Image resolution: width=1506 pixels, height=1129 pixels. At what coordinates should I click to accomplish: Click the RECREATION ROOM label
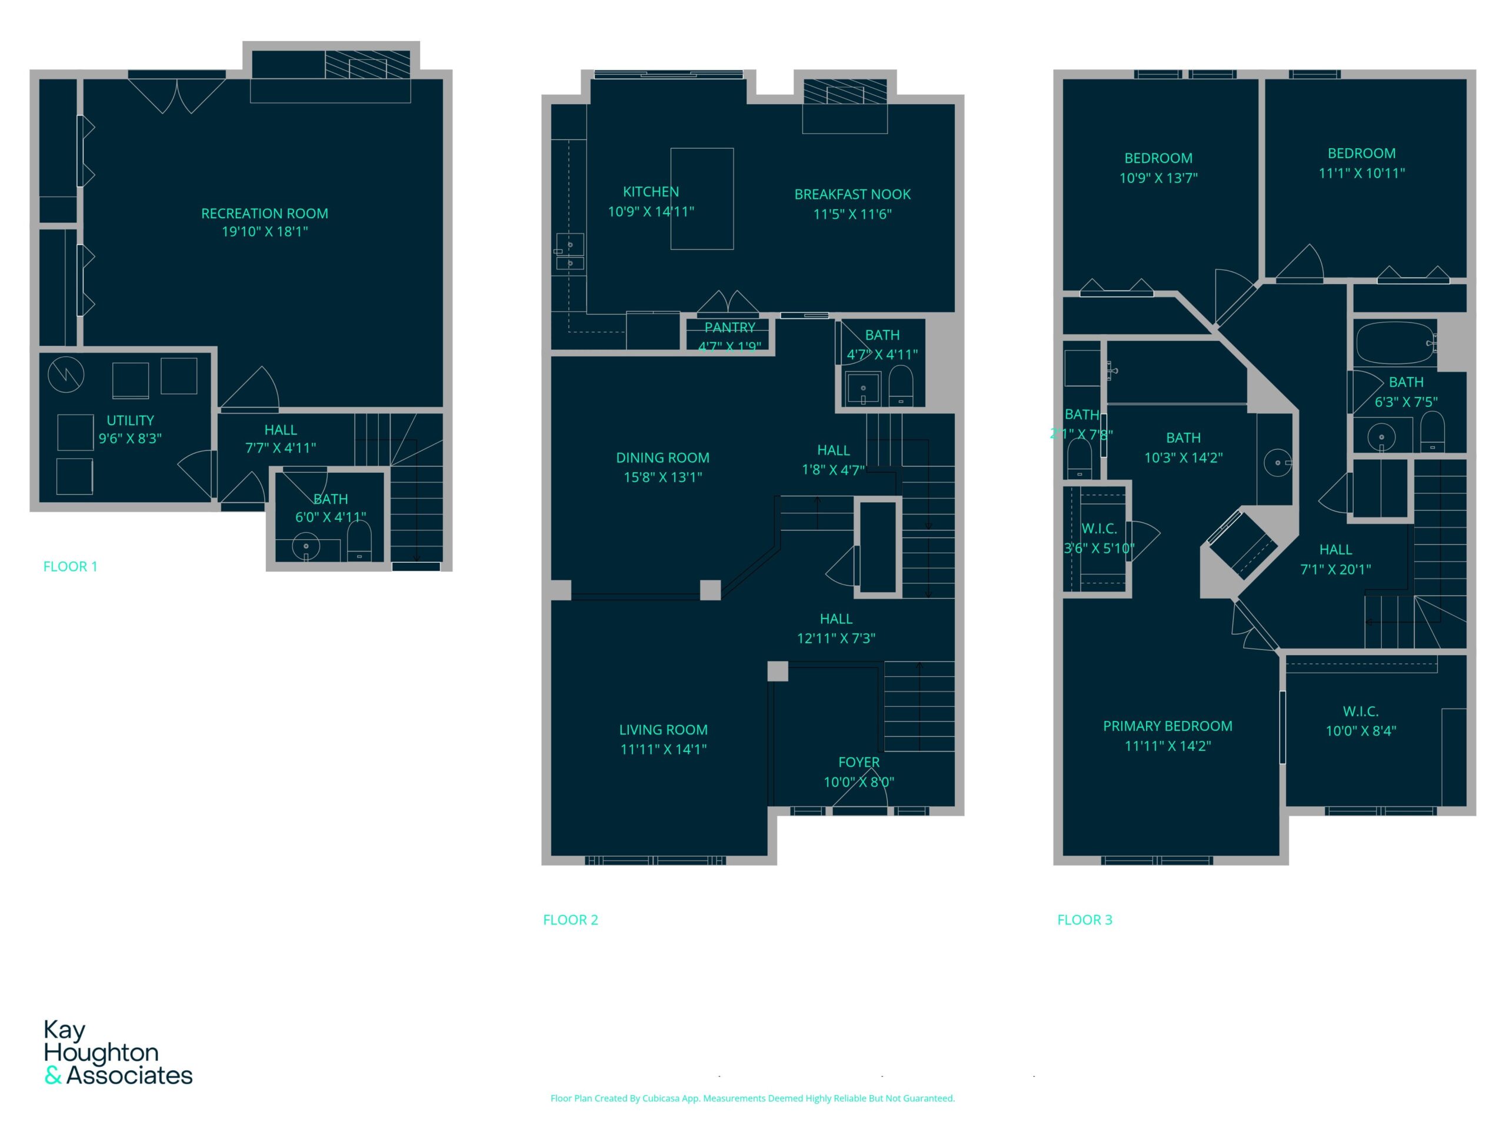pos(265,213)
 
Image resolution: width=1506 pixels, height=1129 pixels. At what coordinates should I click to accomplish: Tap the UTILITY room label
pos(130,420)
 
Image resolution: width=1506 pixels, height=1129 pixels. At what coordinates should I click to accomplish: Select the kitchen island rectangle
pos(702,199)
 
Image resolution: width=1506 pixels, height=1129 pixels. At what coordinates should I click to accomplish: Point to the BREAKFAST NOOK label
pos(852,195)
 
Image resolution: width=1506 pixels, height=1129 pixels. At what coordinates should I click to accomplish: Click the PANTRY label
pos(730,328)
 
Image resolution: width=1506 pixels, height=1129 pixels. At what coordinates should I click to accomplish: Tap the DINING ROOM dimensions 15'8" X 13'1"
pos(662,477)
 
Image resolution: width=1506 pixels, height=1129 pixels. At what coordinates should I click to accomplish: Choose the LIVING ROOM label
pos(663,730)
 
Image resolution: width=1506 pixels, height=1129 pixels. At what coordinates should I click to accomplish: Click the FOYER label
pos(858,763)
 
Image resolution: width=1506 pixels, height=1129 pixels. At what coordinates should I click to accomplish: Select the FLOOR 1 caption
pos(70,567)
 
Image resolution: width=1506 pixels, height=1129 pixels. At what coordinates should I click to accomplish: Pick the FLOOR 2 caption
pos(571,920)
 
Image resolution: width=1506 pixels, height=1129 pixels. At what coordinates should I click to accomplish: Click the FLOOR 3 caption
pos(1085,920)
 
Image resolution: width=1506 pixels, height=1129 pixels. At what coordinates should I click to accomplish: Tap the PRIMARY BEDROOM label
pos(1168,727)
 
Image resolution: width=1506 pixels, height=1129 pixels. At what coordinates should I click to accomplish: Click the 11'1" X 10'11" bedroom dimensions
pos(1362,173)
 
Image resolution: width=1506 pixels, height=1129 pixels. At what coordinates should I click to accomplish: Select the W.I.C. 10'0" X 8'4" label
pos(1361,722)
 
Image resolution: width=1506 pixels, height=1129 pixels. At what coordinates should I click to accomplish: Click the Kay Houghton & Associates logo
pos(118,1053)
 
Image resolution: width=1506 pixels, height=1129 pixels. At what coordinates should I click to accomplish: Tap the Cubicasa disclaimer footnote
pos(752,1098)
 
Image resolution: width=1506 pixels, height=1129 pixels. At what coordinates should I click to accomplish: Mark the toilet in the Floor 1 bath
pos(359,541)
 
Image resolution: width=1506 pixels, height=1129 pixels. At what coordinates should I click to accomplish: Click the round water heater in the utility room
pos(66,375)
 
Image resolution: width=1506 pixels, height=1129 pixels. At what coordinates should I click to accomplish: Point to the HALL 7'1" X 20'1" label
pos(1336,559)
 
